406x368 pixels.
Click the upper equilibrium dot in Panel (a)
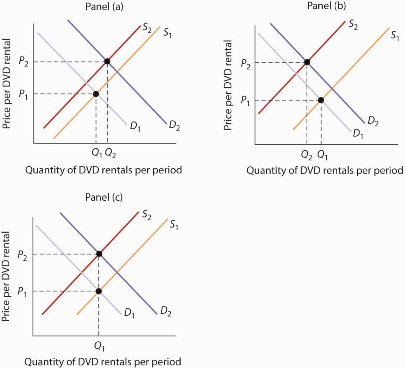[107, 61]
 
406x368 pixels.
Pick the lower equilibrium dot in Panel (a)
[96, 94]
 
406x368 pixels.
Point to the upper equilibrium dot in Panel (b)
[307, 62]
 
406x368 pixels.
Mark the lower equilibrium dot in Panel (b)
[321, 100]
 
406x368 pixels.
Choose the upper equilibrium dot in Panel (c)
[99, 254]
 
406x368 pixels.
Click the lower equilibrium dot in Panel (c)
[99, 291]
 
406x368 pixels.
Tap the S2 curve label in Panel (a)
[147, 27]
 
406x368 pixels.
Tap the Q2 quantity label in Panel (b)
[306, 154]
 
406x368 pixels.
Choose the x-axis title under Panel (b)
[325, 170]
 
